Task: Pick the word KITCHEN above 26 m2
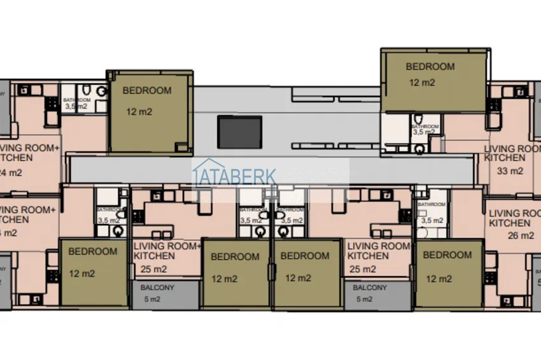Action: click(x=510, y=224)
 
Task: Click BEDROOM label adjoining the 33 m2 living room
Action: click(x=430, y=66)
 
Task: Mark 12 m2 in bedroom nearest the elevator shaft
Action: click(x=139, y=113)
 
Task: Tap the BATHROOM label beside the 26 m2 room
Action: click(x=432, y=204)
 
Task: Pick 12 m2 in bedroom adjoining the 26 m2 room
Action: click(x=439, y=279)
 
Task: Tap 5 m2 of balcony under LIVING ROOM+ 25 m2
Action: click(x=151, y=299)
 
